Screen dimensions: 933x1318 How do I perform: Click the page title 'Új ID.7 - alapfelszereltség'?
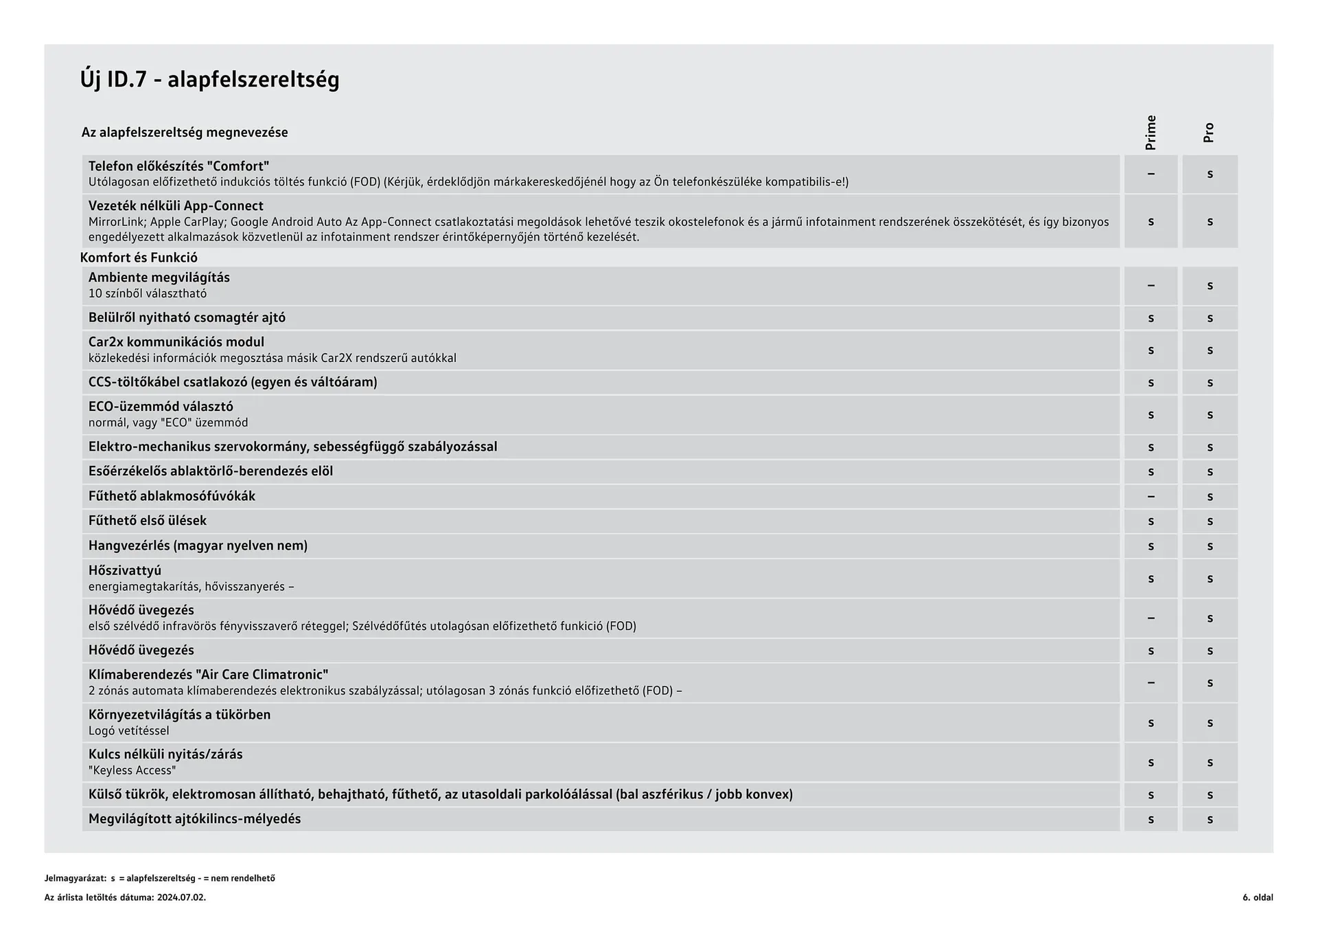209,80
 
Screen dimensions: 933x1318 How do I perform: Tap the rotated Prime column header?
1151,133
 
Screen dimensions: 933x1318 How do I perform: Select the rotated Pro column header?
1209,133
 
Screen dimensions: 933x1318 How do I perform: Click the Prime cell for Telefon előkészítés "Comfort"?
1151,174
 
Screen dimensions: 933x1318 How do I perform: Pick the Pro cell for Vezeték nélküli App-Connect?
1210,221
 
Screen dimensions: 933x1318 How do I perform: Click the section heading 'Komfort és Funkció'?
139,258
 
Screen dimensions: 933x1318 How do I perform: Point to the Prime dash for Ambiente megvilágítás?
1151,286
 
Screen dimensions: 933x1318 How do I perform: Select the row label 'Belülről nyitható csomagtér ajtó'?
187,317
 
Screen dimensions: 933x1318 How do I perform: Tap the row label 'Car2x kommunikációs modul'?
176,342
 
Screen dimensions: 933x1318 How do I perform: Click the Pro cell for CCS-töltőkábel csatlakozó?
1210,383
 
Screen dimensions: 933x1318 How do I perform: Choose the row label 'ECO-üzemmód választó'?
161,407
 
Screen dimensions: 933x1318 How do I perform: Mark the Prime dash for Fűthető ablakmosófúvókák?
1151,496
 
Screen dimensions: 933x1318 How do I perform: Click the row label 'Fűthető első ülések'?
148,521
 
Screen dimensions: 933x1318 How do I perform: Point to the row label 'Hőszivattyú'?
125,570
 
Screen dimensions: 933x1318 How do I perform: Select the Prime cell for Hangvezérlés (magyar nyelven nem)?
1151,546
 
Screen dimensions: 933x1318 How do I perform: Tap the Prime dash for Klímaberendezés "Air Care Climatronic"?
1151,683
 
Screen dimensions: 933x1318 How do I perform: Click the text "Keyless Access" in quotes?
132,770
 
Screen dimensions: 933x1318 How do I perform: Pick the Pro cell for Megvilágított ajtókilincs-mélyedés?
1210,819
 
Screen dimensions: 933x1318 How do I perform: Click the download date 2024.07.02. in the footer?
181,897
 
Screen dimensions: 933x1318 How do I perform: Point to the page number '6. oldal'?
1257,897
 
